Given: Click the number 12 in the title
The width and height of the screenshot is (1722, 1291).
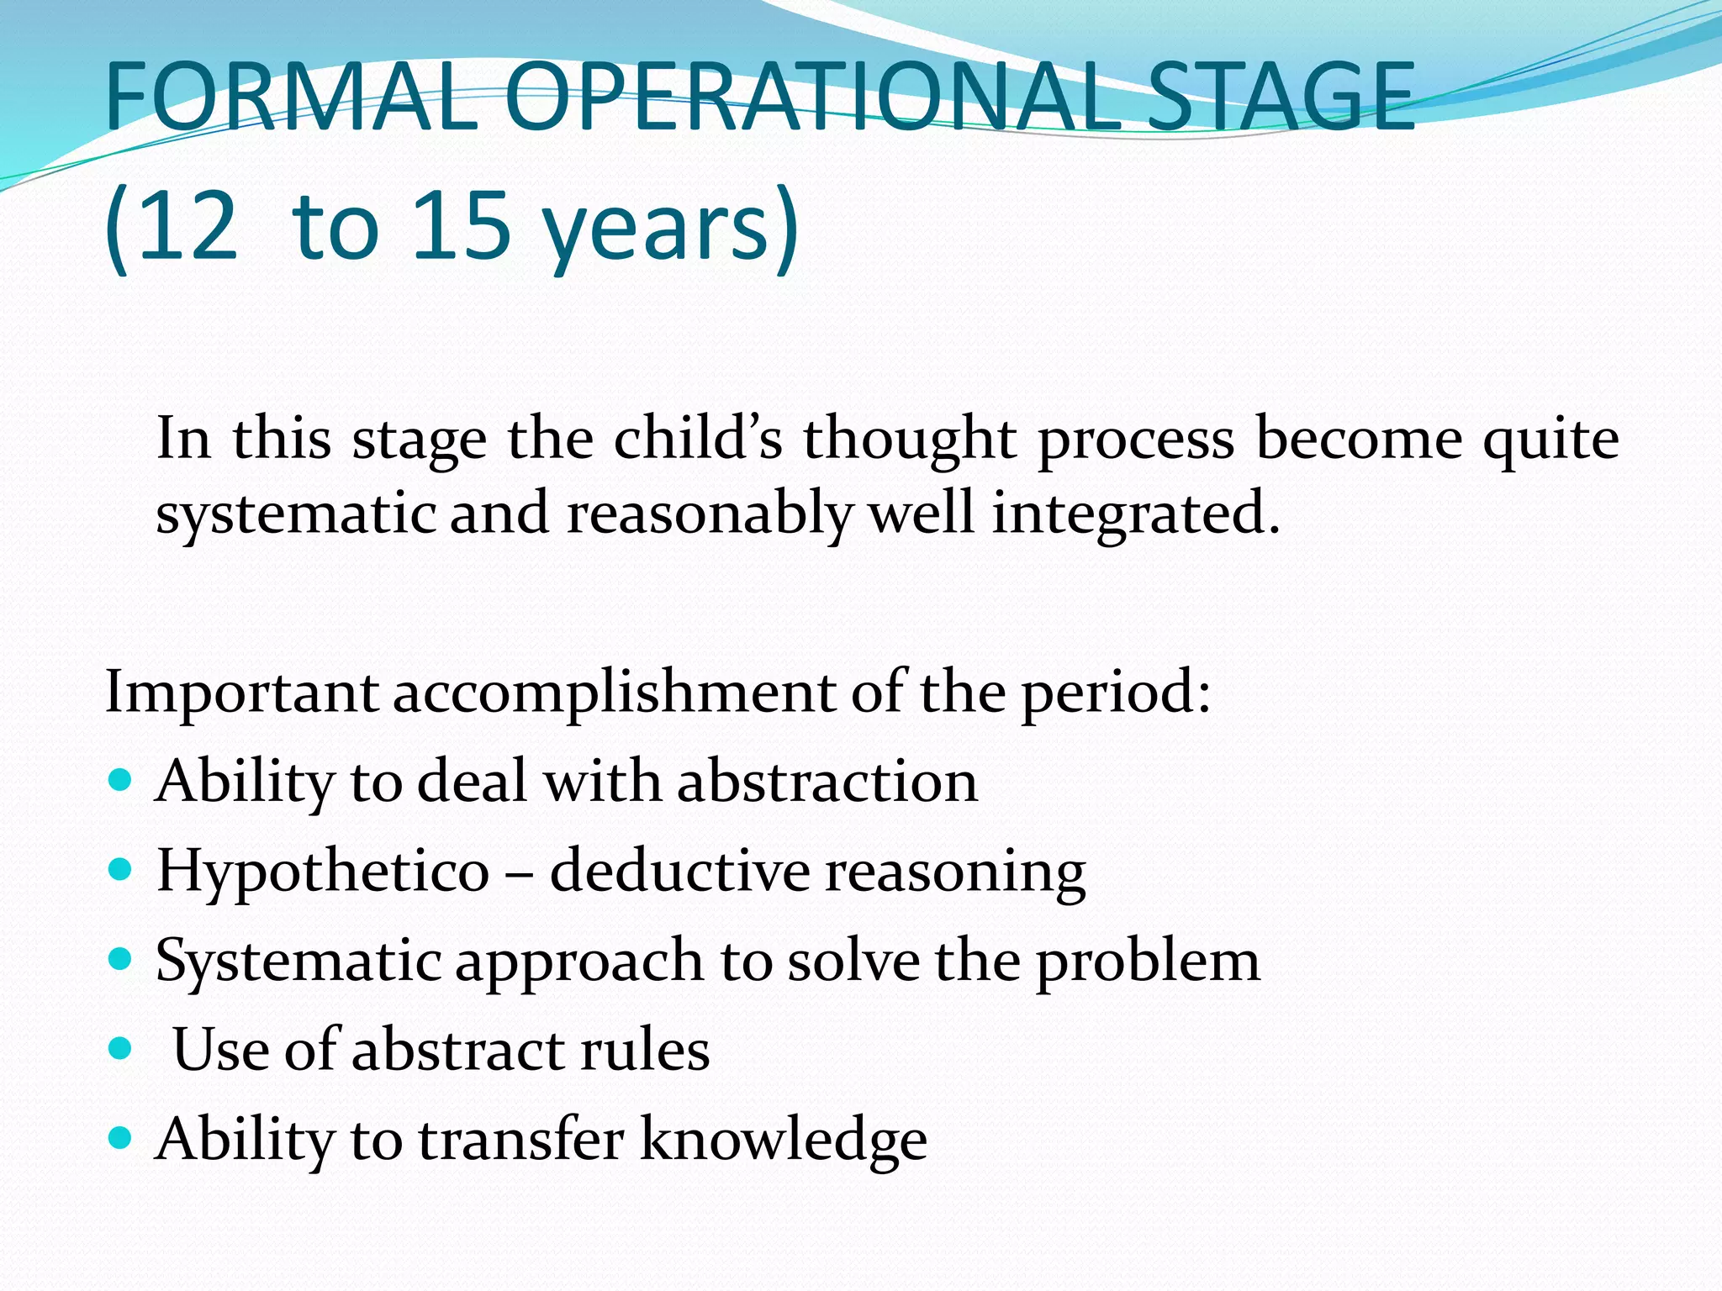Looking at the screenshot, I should pos(187,225).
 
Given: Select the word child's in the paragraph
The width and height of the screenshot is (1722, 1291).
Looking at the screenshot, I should pos(698,438).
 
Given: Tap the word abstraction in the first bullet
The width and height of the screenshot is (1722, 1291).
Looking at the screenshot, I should pos(827,781).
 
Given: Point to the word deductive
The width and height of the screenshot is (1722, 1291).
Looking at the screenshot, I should pos(679,871).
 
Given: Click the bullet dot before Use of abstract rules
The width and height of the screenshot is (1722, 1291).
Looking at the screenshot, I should pos(121,1047).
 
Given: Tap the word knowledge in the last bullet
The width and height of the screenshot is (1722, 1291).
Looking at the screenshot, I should pos(783,1140).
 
